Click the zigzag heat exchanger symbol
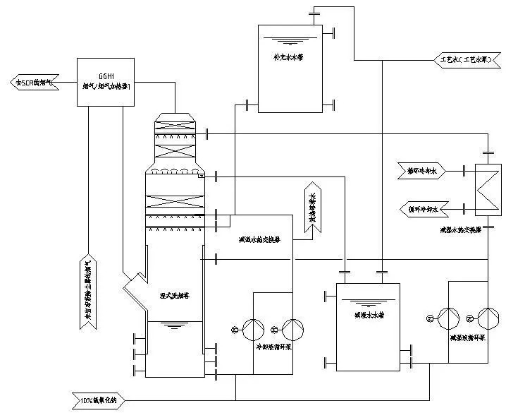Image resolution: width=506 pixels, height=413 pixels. [x=485, y=190]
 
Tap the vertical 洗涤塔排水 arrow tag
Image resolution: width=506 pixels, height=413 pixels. [x=311, y=206]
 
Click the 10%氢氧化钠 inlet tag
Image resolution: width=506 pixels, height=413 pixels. [x=101, y=402]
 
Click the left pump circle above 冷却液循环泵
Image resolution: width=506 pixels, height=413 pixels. [x=251, y=327]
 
